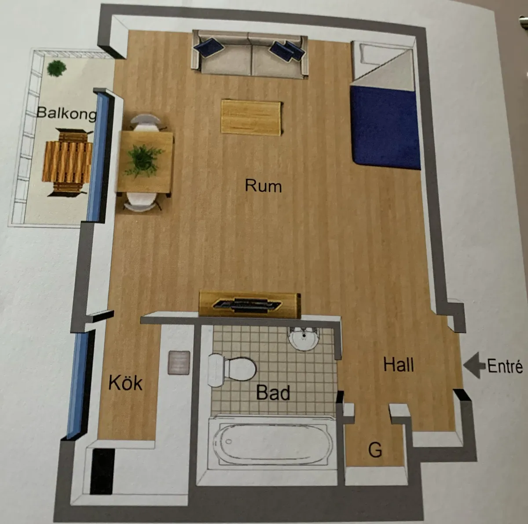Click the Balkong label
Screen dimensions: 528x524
coord(66,113)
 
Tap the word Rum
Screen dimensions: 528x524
coord(263,186)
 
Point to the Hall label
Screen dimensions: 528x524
coord(399,365)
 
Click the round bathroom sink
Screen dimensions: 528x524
coord(304,338)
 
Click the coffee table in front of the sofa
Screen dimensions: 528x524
coord(252,118)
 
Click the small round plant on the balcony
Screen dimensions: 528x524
coord(56,68)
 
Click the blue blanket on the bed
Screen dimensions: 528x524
coord(386,127)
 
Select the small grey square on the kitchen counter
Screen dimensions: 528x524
coord(179,363)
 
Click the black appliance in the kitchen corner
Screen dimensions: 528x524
coord(103,472)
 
